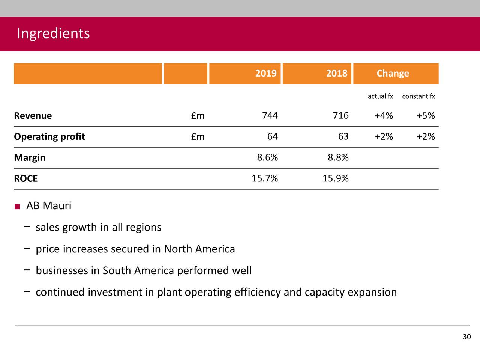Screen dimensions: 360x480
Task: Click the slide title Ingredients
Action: point(53,34)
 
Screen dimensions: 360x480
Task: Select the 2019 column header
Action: point(266,73)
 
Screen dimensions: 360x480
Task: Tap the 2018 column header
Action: point(336,73)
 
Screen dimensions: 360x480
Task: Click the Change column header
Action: point(393,73)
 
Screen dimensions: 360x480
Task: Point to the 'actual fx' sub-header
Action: point(380,96)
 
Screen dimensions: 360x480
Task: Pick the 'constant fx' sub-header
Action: point(418,96)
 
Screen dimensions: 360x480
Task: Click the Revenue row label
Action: point(33,116)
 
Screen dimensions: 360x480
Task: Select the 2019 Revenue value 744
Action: point(270,115)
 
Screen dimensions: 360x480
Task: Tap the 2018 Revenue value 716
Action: point(340,115)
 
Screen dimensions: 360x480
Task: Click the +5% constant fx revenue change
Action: point(426,116)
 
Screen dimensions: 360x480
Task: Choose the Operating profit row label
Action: point(49,137)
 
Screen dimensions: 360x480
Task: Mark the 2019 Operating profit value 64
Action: point(273,136)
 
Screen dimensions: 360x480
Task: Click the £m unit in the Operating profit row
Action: point(198,137)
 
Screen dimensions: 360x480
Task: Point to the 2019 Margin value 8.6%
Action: point(267,157)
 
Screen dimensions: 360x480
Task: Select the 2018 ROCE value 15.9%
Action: point(336,178)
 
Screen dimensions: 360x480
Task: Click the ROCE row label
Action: point(26,178)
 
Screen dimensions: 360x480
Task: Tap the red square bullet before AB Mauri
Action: point(17,207)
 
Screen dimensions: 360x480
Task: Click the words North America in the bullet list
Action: point(199,249)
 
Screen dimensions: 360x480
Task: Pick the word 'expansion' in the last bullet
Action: point(372,292)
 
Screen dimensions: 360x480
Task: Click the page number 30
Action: point(466,337)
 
